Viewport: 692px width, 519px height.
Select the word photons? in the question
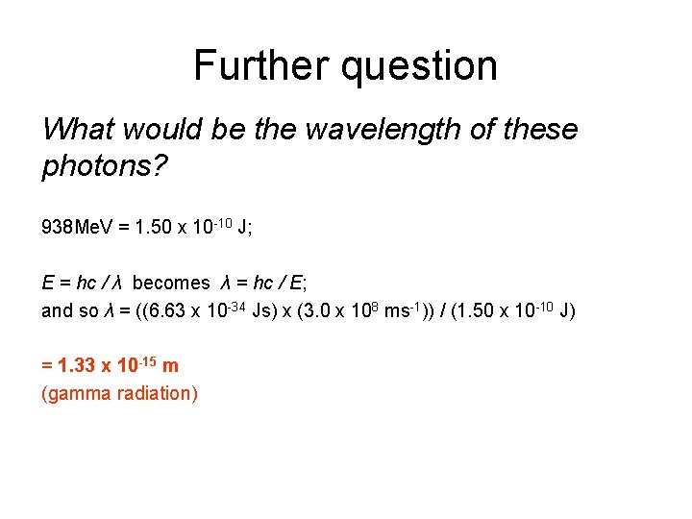point(105,168)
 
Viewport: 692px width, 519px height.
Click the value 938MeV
point(79,229)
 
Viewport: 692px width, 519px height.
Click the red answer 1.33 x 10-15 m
point(110,365)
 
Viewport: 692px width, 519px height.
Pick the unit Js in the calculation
point(259,310)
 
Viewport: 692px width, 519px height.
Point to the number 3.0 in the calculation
point(322,310)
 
